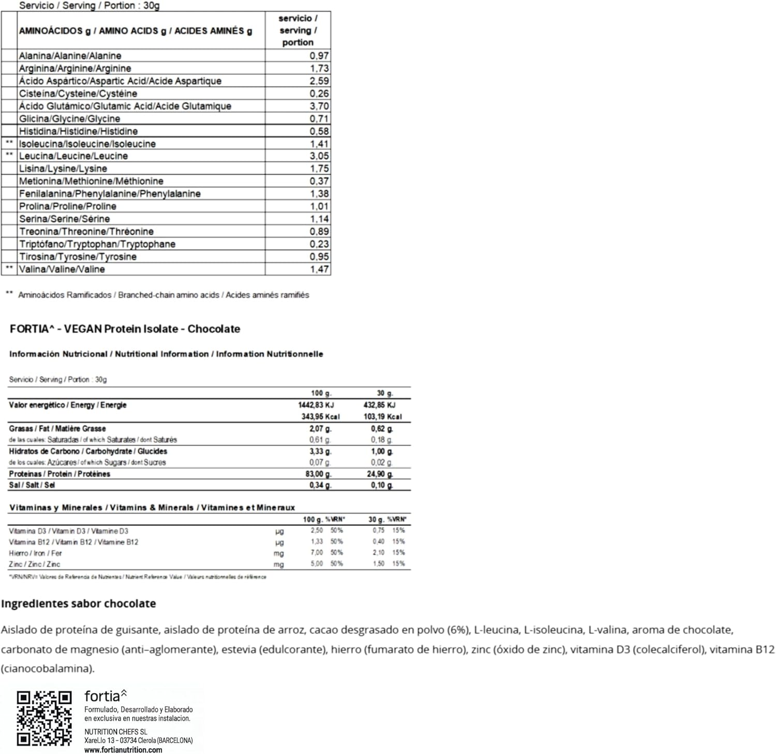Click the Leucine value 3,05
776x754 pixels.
coord(319,156)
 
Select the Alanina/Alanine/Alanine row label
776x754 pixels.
coord(70,56)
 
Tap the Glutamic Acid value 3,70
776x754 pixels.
coord(319,106)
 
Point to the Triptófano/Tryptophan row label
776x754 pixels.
coord(97,244)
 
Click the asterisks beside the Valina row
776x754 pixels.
coord(9,269)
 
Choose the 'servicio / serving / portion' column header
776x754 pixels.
coord(297,31)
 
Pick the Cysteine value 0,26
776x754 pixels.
coord(319,94)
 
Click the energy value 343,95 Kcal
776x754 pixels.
coord(320,417)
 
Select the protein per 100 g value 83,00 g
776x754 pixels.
coord(320,474)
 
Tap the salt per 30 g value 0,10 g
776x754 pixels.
coord(382,486)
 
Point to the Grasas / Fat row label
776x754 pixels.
coord(57,429)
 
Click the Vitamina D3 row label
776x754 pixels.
coord(68,531)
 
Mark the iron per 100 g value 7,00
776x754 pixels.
coord(317,553)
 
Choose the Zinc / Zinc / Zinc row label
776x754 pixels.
coord(34,564)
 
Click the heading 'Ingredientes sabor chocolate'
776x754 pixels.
coord(78,604)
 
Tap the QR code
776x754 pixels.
coord(44,718)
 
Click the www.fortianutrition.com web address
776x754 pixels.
coord(123,750)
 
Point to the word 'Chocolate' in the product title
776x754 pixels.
coord(214,329)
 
